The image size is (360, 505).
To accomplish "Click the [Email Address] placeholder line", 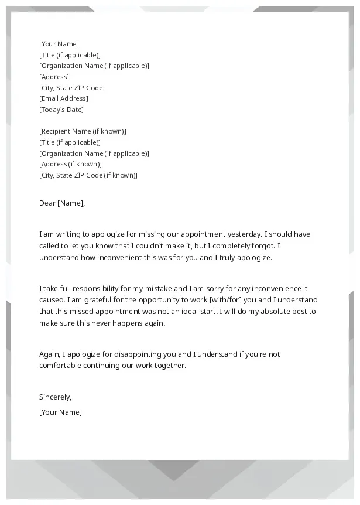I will click(x=64, y=98).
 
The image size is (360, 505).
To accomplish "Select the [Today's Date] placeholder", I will click(x=61, y=110).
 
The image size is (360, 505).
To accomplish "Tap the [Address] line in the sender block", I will click(x=54, y=77).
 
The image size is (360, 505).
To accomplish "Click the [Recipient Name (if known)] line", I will click(x=83, y=131).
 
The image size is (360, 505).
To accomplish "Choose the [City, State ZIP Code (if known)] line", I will click(x=88, y=175).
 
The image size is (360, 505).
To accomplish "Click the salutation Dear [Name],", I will click(x=62, y=203).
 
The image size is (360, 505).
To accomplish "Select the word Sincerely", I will click(x=54, y=397).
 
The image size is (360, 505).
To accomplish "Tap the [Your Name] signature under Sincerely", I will click(x=60, y=412).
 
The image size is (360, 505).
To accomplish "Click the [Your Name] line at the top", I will click(x=59, y=44).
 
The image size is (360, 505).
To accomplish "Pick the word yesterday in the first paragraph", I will click(x=245, y=234).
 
